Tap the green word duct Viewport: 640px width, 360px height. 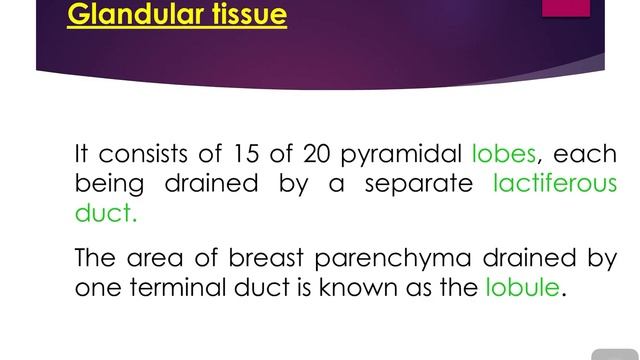[x=105, y=213]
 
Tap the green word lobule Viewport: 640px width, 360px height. [x=522, y=287]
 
